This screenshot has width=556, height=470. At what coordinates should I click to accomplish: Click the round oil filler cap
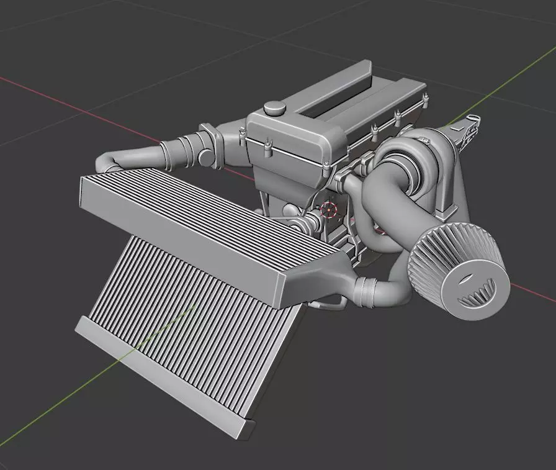coord(273,108)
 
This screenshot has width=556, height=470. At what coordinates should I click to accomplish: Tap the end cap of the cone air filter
coord(475,291)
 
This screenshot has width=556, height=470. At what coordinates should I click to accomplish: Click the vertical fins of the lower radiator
coord(199,329)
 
